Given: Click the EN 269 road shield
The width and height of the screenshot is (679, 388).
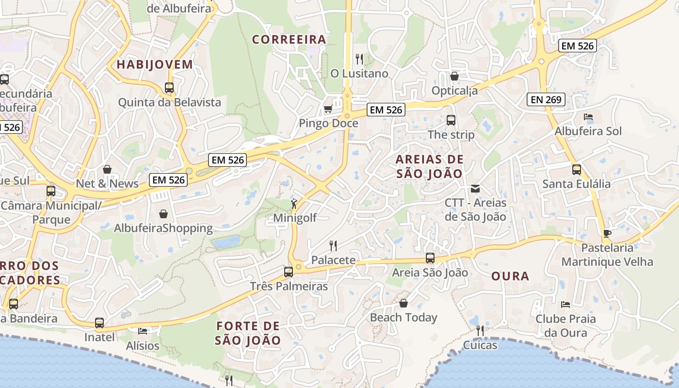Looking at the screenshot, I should pyautogui.click(x=546, y=100).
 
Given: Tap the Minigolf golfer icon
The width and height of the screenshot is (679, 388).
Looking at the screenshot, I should pyautogui.click(x=293, y=204).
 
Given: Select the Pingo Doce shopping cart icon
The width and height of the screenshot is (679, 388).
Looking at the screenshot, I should pyautogui.click(x=328, y=109).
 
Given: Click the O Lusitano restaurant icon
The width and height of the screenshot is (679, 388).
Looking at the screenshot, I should pyautogui.click(x=359, y=59).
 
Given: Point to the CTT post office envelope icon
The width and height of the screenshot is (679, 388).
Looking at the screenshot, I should pyautogui.click(x=475, y=188).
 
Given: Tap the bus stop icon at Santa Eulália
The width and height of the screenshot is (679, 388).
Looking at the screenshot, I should pyautogui.click(x=576, y=170).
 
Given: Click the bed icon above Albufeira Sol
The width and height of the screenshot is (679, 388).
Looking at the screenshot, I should pyautogui.click(x=588, y=117).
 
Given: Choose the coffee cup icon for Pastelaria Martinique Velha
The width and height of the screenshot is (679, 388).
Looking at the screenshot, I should pyautogui.click(x=607, y=233).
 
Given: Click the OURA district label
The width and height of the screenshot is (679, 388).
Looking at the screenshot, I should pyautogui.click(x=510, y=276).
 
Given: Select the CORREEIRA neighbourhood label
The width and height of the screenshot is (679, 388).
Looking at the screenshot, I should pyautogui.click(x=289, y=40).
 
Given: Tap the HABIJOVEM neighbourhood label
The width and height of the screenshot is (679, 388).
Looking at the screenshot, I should pyautogui.click(x=155, y=65).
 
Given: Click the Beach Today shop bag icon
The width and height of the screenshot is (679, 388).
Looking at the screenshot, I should pyautogui.click(x=403, y=303).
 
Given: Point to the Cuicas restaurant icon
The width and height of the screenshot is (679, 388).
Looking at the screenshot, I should pyautogui.click(x=480, y=331).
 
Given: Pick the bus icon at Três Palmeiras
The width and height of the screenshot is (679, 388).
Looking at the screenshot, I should pyautogui.click(x=289, y=272).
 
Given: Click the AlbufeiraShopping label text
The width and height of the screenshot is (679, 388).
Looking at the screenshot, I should pyautogui.click(x=163, y=228).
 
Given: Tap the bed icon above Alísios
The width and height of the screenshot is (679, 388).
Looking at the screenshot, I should pyautogui.click(x=142, y=331).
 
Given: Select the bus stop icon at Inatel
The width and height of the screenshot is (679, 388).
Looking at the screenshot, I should pyautogui.click(x=99, y=323).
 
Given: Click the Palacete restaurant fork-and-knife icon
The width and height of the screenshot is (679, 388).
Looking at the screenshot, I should pyautogui.click(x=333, y=246).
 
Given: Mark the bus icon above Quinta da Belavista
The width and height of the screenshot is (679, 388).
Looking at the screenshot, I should pyautogui.click(x=169, y=88).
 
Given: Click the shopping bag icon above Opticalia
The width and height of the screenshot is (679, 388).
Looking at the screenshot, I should pyautogui.click(x=454, y=76).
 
